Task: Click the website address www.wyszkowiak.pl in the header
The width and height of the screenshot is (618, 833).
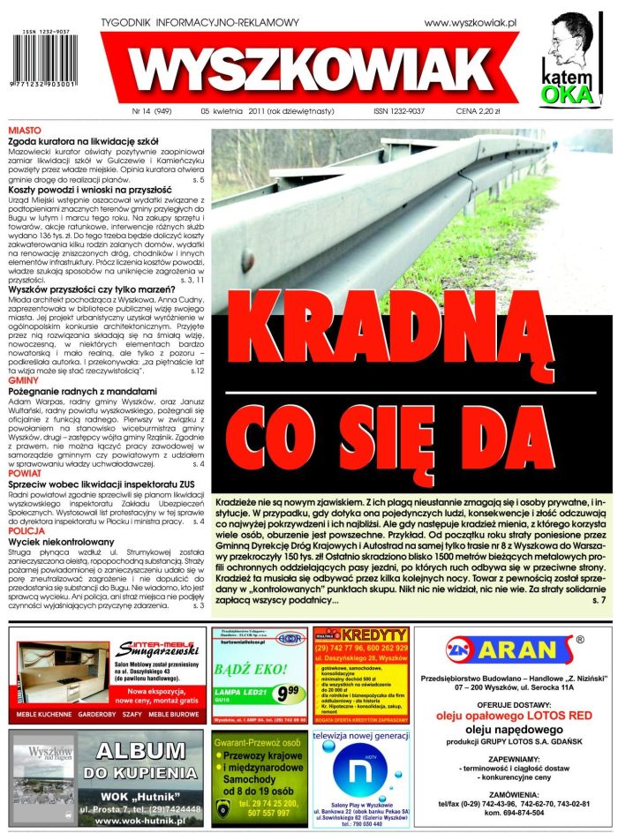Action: coord(470,22)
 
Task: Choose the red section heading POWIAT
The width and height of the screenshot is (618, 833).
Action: coord(26,473)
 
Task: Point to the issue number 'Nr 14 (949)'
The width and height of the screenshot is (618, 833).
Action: coord(152,112)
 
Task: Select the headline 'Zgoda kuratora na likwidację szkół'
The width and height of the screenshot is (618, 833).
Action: coord(84,140)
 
